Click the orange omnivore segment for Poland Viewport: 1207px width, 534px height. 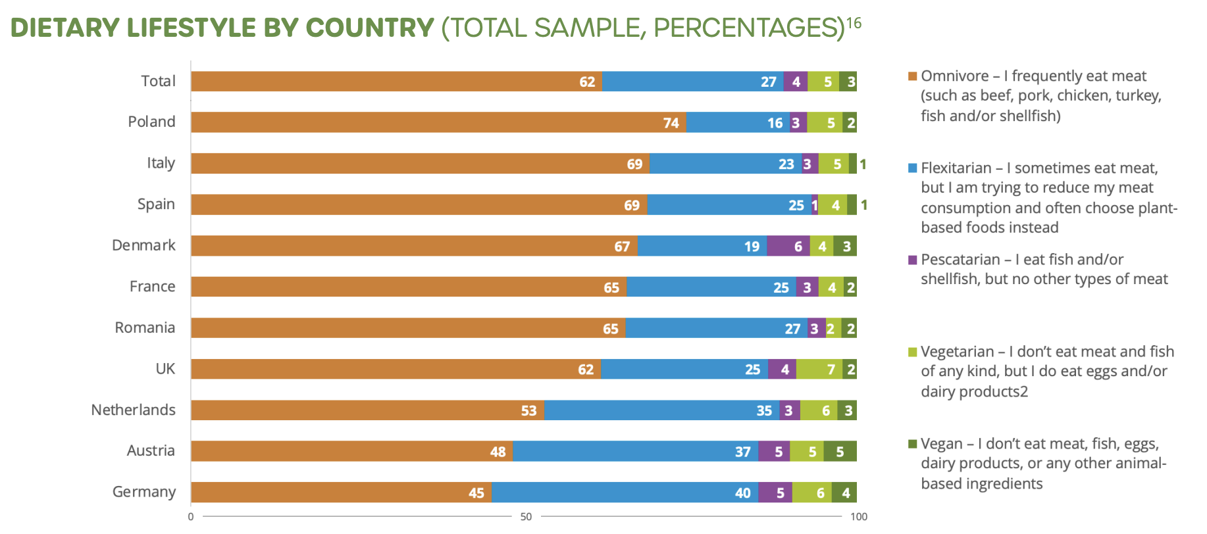(x=438, y=122)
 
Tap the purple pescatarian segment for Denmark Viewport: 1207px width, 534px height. (x=788, y=246)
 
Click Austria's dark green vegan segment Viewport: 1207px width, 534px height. (x=840, y=451)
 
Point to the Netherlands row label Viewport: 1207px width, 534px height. (x=133, y=410)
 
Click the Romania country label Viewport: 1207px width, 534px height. (x=145, y=328)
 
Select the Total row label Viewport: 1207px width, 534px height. (x=158, y=81)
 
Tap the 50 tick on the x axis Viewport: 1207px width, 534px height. (x=526, y=517)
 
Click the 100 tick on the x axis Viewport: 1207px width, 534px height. (x=858, y=517)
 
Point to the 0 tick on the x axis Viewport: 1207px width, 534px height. (x=191, y=517)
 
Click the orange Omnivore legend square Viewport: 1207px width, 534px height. (x=912, y=76)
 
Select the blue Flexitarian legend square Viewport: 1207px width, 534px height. (x=912, y=168)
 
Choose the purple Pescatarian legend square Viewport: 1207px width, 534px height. (x=912, y=260)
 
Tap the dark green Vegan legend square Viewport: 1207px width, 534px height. (x=912, y=444)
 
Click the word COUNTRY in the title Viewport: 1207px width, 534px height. (x=370, y=28)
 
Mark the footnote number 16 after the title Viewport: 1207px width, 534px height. (x=854, y=24)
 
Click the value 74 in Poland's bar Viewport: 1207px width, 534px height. (x=671, y=123)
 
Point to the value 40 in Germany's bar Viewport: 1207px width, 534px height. (x=742, y=493)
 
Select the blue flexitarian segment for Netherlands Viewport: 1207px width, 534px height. (x=661, y=410)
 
